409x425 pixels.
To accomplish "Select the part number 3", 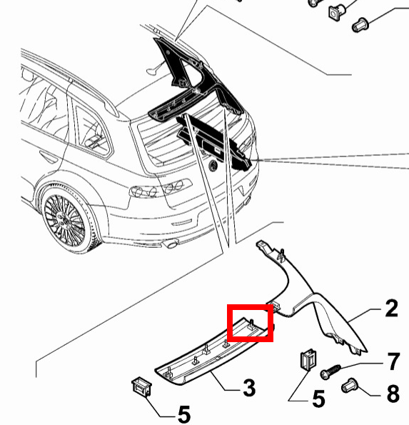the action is pyautogui.click(x=249, y=388).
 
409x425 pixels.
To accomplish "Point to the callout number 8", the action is pyautogui.click(x=393, y=394).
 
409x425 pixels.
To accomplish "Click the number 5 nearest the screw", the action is pyautogui.click(x=318, y=399).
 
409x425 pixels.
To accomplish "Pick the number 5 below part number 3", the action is pyautogui.click(x=184, y=414).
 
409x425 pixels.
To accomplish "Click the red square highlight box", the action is pyautogui.click(x=250, y=323).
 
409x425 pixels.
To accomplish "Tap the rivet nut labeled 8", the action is pyautogui.click(x=350, y=386).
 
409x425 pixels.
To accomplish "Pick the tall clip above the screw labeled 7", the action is pyautogui.click(x=308, y=359).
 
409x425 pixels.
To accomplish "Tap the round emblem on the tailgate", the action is pyautogui.click(x=213, y=165).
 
